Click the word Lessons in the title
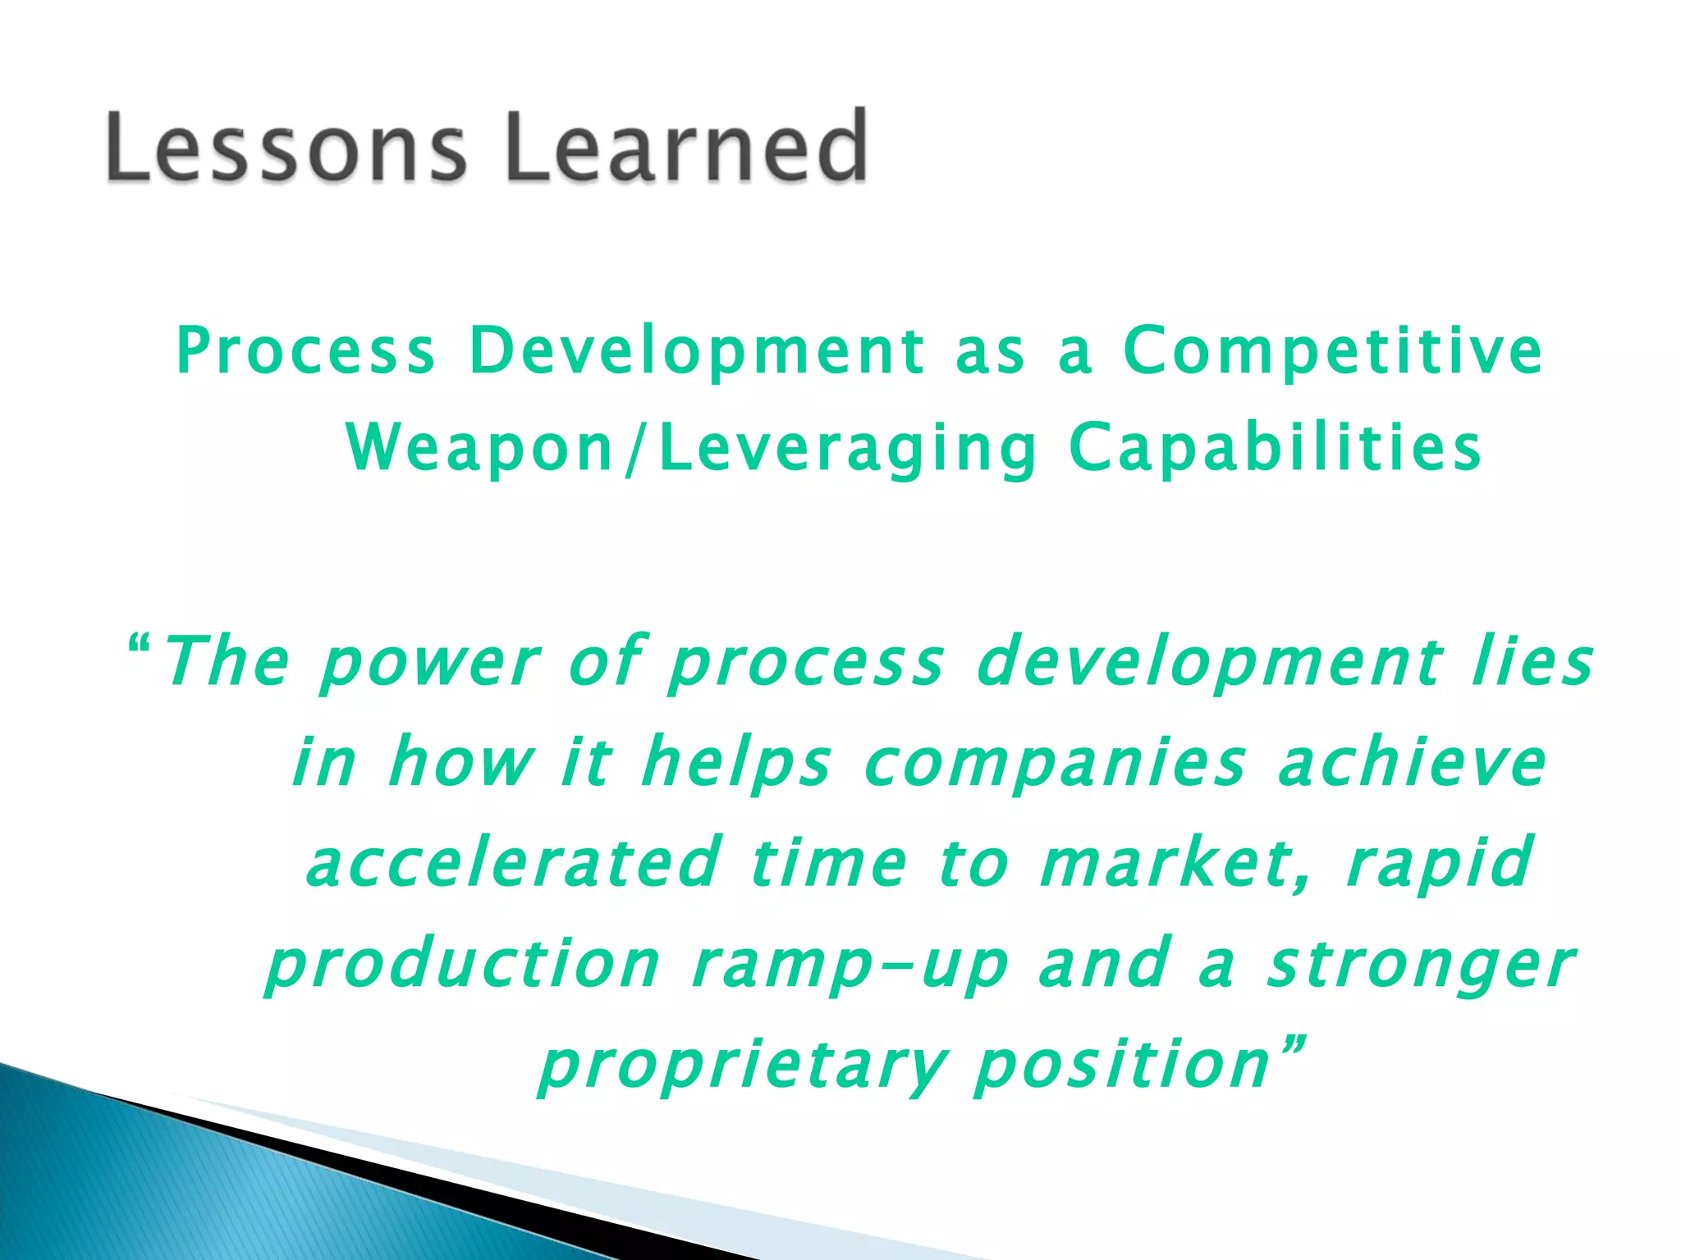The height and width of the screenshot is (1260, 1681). [286, 148]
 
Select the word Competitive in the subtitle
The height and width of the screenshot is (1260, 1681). [1332, 351]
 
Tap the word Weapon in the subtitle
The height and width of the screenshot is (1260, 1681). [480, 449]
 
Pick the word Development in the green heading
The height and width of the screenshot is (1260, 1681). [697, 351]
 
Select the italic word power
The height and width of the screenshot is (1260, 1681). [429, 663]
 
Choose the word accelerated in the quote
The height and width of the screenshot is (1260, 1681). [512, 864]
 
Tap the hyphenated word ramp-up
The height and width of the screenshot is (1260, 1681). [850, 966]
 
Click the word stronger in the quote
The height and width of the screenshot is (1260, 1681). [1420, 966]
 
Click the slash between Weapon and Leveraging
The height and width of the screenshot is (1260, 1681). [632, 450]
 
